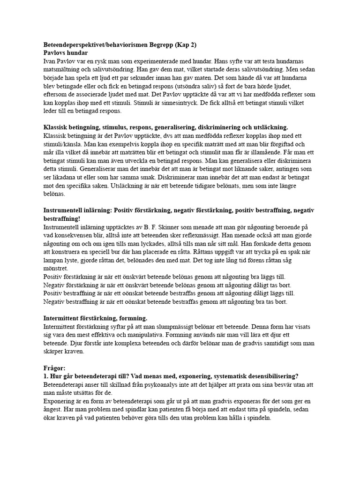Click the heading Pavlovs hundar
[x=65, y=53]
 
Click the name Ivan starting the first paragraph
[x=50, y=61]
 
